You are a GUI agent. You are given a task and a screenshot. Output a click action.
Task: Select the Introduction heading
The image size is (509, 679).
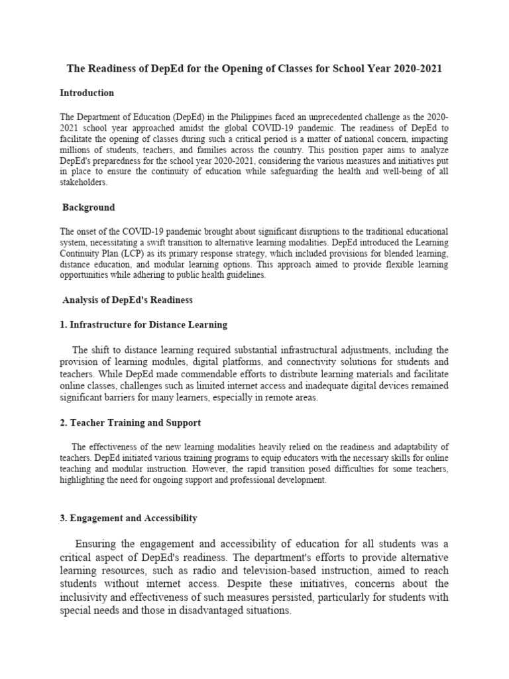pyautogui.click(x=87, y=93)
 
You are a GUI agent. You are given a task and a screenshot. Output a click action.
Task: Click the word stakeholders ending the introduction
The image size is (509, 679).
pyautogui.click(x=83, y=182)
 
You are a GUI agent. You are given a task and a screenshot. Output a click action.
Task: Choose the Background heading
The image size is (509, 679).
pyautogui.click(x=88, y=208)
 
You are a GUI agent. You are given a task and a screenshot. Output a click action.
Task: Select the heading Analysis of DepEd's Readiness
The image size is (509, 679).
pyautogui.click(x=127, y=300)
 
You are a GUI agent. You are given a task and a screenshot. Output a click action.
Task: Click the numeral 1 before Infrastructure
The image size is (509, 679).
pyautogui.click(x=62, y=325)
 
